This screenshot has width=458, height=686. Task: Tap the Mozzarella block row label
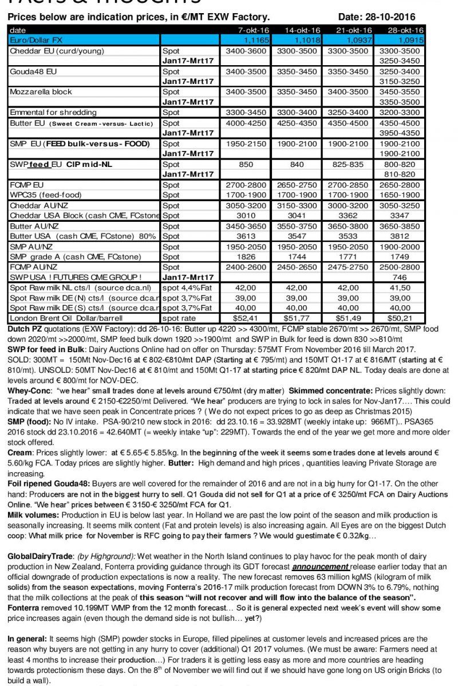coord(41,91)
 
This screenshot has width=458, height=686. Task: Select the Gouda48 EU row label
coord(34,71)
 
